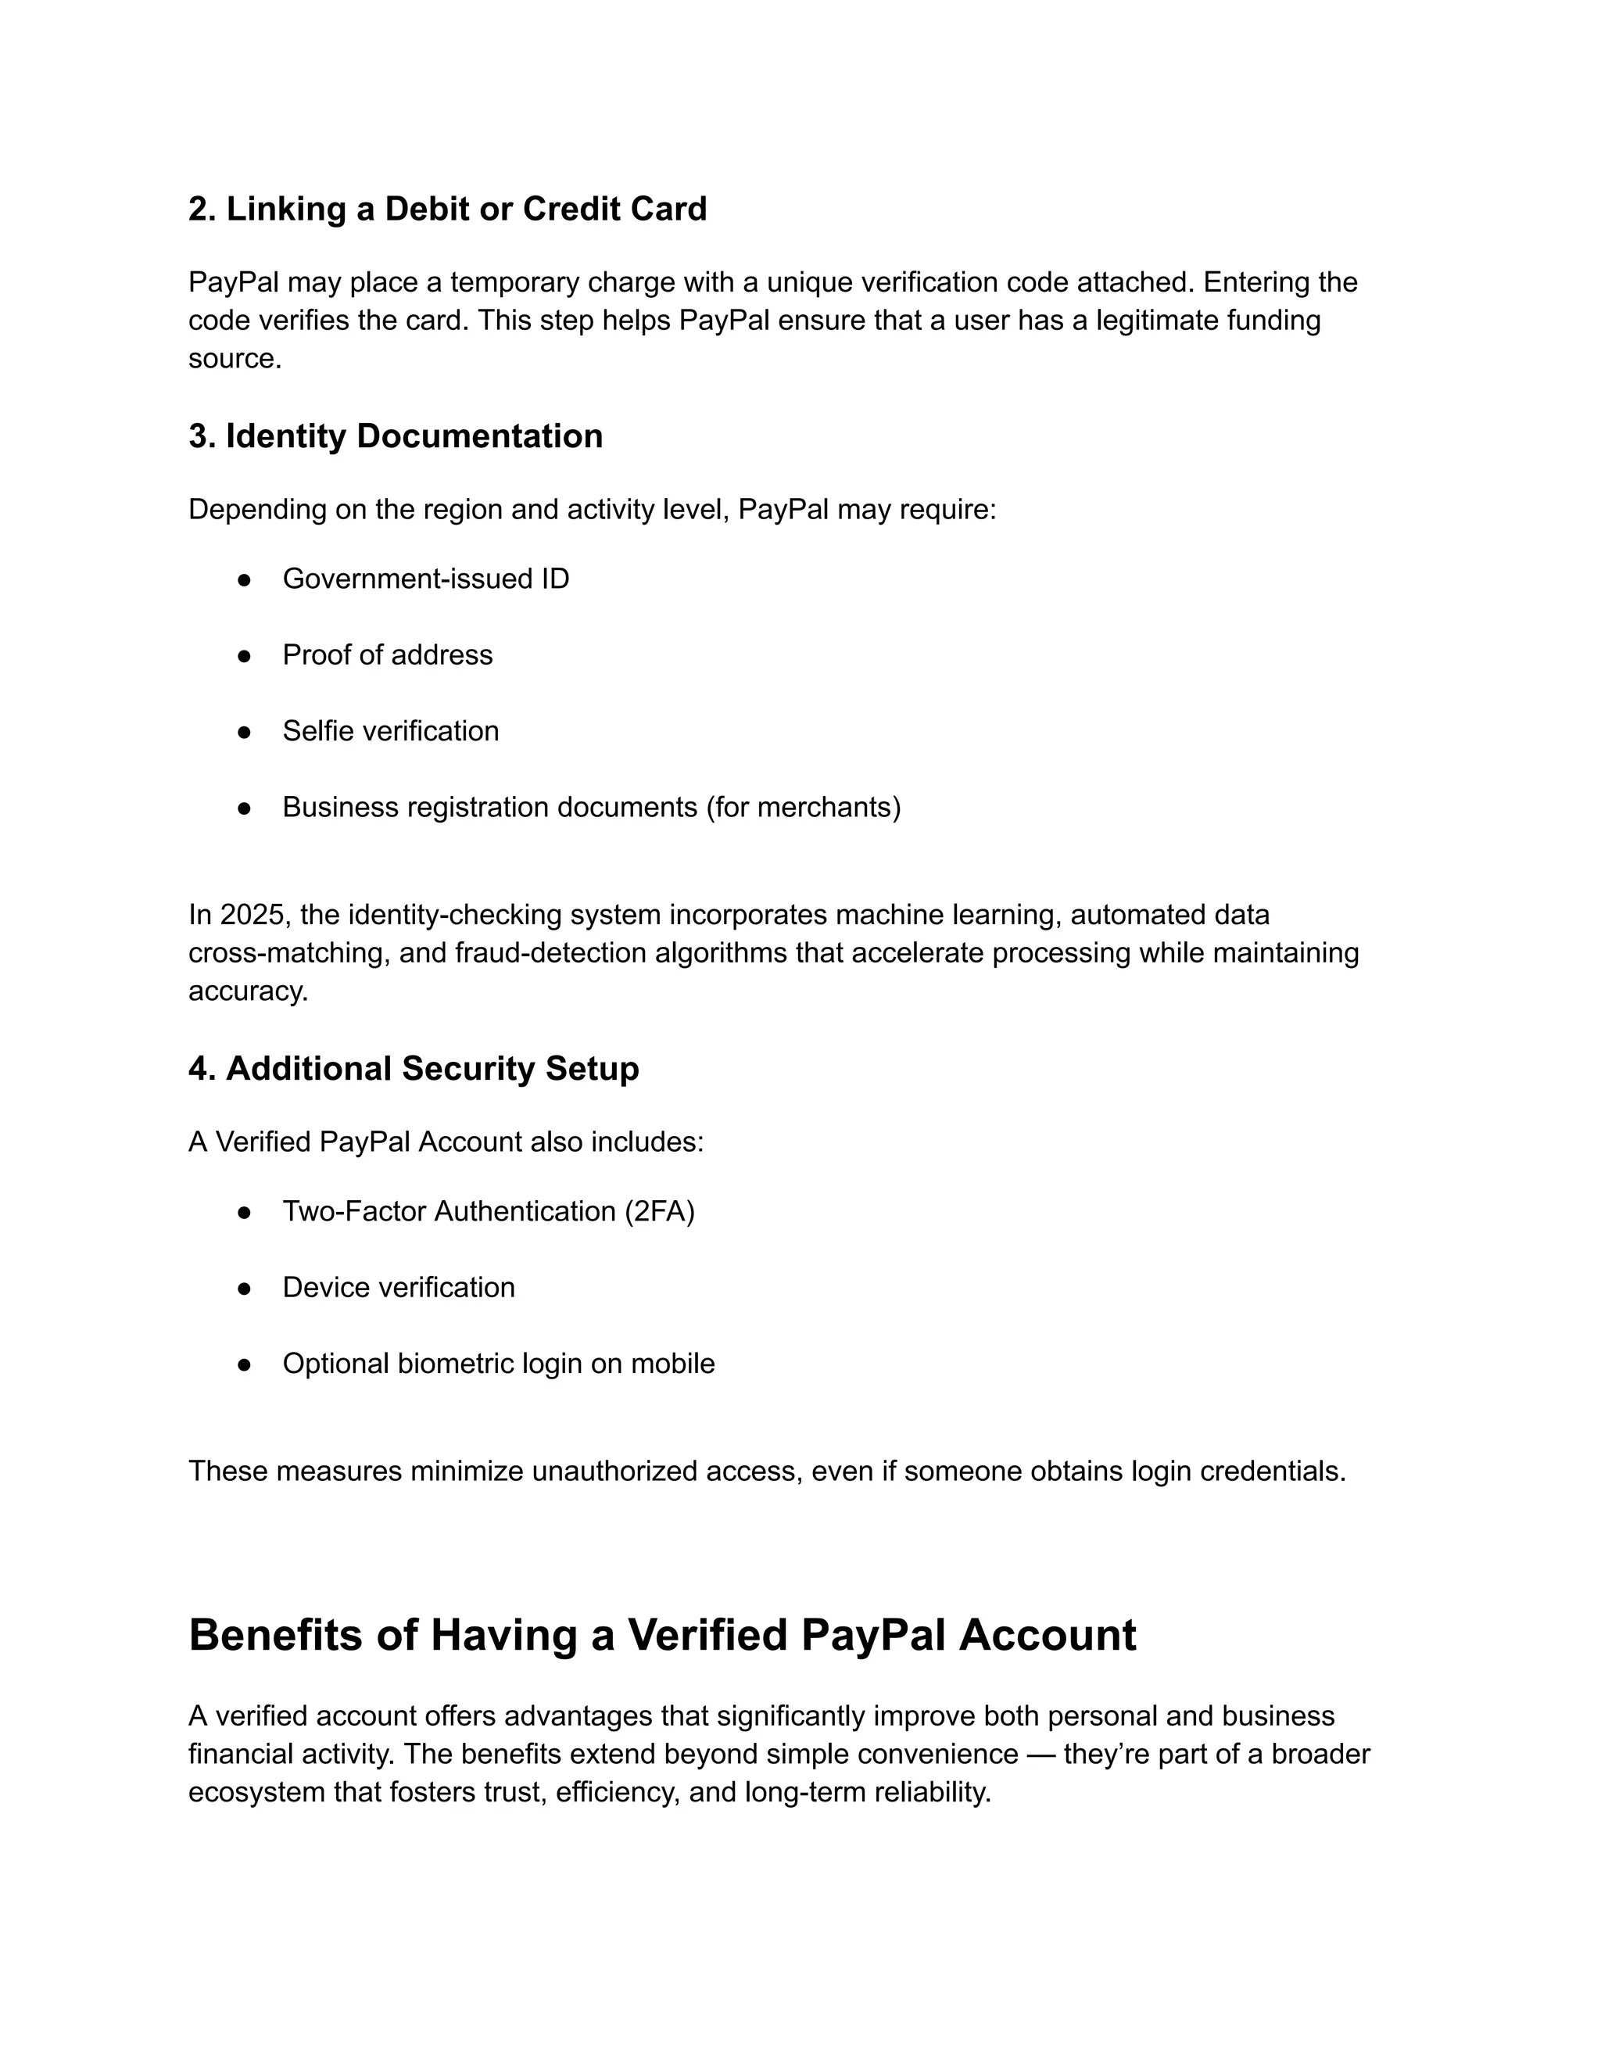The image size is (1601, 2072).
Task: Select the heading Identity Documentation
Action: click(395, 436)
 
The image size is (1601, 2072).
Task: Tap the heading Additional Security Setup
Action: click(414, 1068)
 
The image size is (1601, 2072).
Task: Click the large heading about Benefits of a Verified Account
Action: click(662, 1635)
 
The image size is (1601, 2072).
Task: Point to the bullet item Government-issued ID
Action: click(426, 579)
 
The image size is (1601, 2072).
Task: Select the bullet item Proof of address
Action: click(387, 654)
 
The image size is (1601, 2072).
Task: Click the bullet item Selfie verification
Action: click(390, 730)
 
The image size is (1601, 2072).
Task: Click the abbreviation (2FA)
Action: click(659, 1211)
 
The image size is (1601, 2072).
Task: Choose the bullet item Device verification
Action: click(399, 1288)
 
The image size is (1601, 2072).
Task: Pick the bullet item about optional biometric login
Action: click(498, 1364)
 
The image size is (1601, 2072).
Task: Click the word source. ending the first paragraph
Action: click(235, 359)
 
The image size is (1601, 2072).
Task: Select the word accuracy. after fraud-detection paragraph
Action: click(248, 991)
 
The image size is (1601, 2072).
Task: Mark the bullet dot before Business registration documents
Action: click(244, 808)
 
